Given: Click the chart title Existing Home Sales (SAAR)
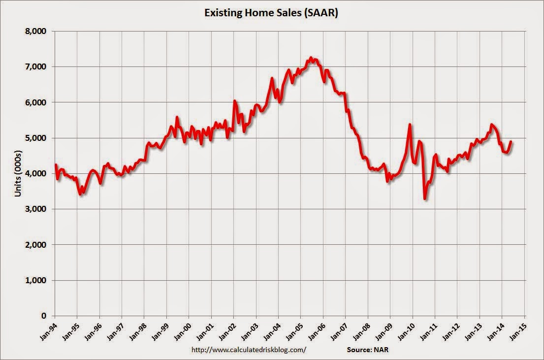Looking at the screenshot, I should (x=272, y=13).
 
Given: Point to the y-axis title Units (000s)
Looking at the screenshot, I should (x=18, y=173).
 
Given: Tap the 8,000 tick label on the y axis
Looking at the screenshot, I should (x=36, y=31).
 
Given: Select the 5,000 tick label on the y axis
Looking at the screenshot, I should (x=36, y=138).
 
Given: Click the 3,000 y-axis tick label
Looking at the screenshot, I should (x=36, y=209).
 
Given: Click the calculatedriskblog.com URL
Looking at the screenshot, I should (x=248, y=350).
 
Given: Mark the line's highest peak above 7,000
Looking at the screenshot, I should (x=311, y=58).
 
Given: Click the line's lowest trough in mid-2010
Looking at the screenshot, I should (x=424, y=198).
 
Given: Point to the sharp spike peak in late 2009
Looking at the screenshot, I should (x=410, y=125).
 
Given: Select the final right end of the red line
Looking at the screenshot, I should (x=511, y=141).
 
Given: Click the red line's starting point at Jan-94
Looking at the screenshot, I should (x=55, y=164).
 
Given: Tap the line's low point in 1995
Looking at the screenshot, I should (x=81, y=194).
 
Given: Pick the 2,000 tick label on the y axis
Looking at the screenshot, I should (x=36, y=245).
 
